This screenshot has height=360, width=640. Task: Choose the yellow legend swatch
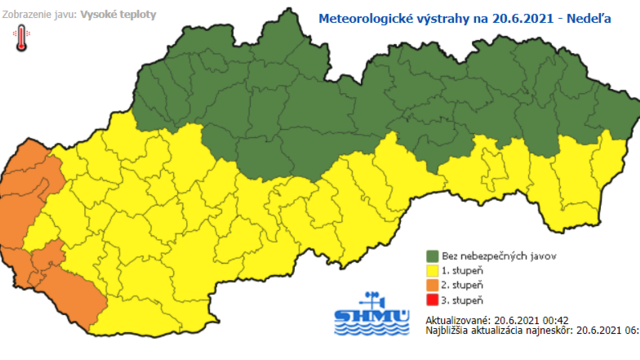tap(433, 270)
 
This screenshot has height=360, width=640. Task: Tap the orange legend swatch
tap(433, 285)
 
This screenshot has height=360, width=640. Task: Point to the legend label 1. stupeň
tap(467, 270)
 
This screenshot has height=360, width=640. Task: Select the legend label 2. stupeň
tap(467, 285)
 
